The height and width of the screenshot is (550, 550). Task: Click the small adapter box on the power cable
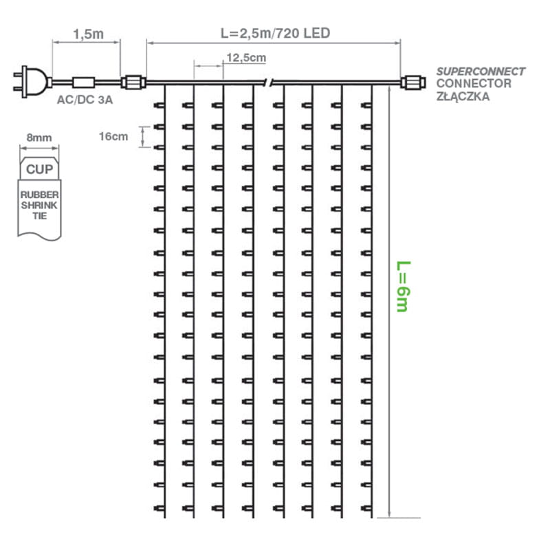click(x=85, y=82)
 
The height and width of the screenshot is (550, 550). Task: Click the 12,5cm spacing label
click(x=245, y=58)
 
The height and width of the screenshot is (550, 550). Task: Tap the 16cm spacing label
click(x=113, y=136)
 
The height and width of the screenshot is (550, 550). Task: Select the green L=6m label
click(x=402, y=286)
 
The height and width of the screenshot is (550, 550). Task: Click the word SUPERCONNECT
click(x=481, y=71)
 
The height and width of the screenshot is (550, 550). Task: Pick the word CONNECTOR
click(x=474, y=84)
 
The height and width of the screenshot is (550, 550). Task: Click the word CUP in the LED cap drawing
click(x=38, y=168)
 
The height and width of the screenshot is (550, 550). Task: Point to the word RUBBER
click(x=39, y=195)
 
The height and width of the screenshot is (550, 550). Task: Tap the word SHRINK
click(x=39, y=206)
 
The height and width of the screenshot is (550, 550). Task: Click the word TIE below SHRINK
click(x=39, y=216)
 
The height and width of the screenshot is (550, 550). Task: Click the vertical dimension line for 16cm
click(x=143, y=136)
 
